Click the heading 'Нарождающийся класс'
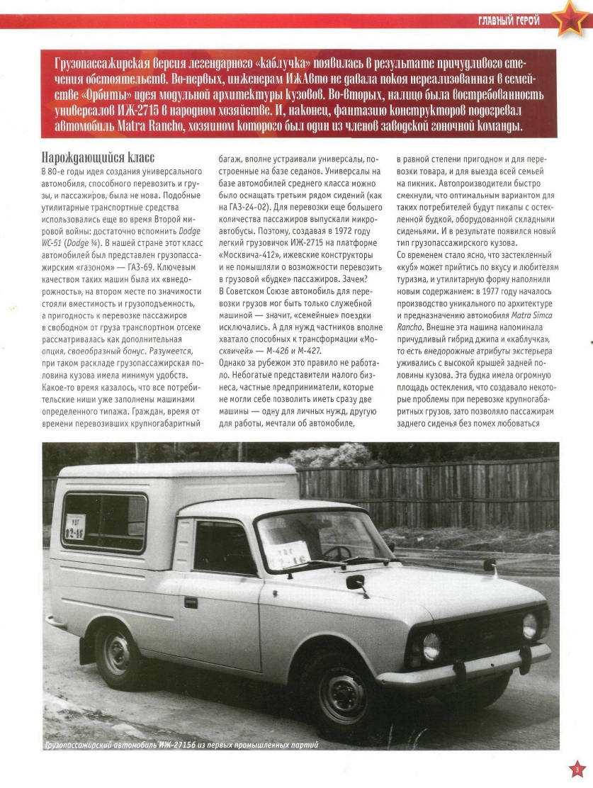click(x=98, y=157)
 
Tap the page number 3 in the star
click(x=577, y=770)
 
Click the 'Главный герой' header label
click(x=508, y=21)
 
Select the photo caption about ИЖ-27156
click(x=181, y=745)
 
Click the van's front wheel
click(x=342, y=694)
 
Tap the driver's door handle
click(x=191, y=602)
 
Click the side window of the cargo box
click(x=104, y=522)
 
